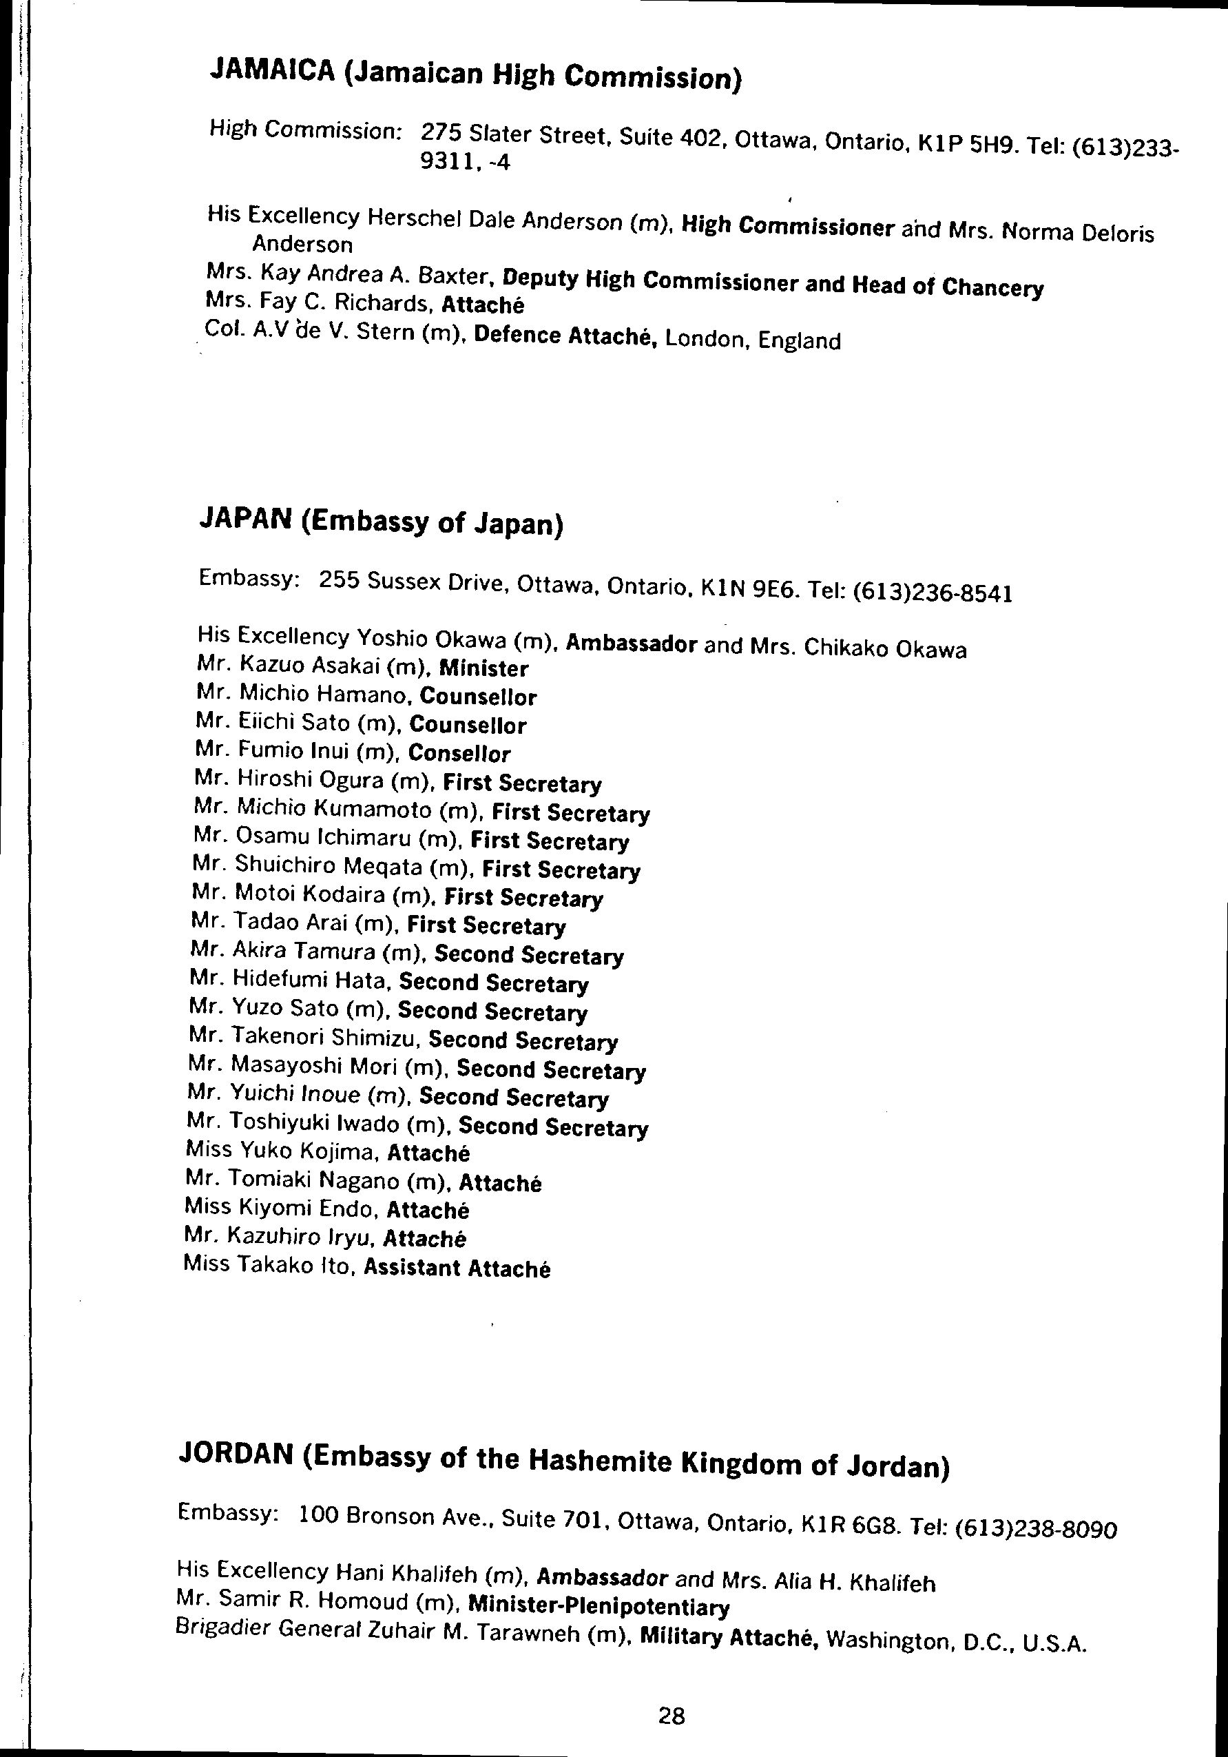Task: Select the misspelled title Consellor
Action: click(x=459, y=753)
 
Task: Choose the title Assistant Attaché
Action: click(x=457, y=1267)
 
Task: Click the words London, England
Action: click(x=753, y=339)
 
